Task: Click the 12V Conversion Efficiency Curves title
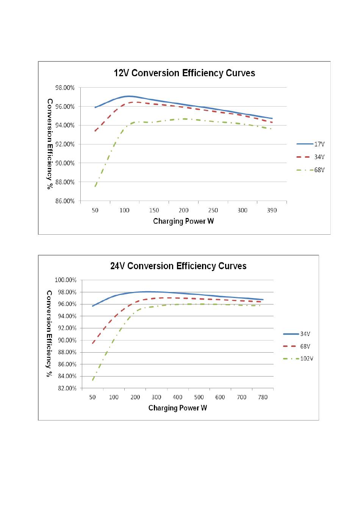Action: pos(184,73)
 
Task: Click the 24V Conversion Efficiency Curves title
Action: pos(178,266)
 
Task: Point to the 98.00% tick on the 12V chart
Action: pos(65,88)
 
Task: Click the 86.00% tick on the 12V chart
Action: pos(65,201)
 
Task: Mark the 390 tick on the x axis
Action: pos(272,210)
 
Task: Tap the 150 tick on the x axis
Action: pos(154,210)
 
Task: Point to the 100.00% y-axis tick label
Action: pos(66,280)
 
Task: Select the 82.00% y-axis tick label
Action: pos(67,388)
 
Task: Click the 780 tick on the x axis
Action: pos(263,397)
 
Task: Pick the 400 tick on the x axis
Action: pos(177,397)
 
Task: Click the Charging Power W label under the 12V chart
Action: pos(183,221)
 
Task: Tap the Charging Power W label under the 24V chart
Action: pos(177,408)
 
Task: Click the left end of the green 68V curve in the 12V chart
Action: pos(95,186)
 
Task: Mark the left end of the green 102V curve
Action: pos(93,380)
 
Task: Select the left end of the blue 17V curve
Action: pos(95,107)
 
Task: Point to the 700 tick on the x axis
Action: pos(241,397)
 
